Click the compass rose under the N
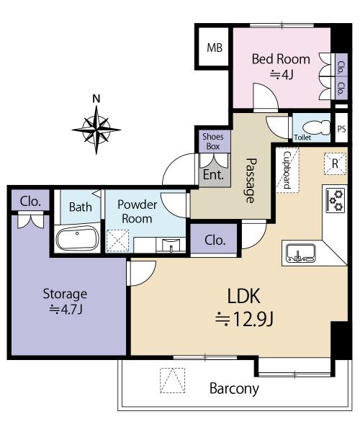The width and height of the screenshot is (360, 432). [96, 130]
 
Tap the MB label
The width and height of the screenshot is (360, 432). [215, 48]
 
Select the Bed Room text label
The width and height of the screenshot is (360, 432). [281, 59]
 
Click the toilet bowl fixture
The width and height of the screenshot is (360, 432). [316, 127]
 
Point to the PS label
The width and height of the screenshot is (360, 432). [341, 129]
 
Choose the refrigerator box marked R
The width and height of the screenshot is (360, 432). [335, 163]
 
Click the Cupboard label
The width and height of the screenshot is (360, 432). [287, 170]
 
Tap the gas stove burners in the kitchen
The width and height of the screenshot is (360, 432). [336, 200]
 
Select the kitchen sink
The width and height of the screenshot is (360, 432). [301, 253]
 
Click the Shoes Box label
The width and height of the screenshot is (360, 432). [213, 141]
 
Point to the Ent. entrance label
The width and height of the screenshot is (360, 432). [213, 175]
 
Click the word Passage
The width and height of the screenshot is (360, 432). [251, 181]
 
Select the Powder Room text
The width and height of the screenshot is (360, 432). [138, 212]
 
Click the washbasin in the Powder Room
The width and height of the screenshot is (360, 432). [171, 245]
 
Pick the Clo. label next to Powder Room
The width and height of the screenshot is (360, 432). [215, 240]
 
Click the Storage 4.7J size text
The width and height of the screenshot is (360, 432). [66, 310]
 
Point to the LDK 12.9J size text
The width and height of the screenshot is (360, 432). [244, 319]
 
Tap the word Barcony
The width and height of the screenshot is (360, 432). [234, 389]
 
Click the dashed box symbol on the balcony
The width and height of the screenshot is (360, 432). [172, 380]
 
